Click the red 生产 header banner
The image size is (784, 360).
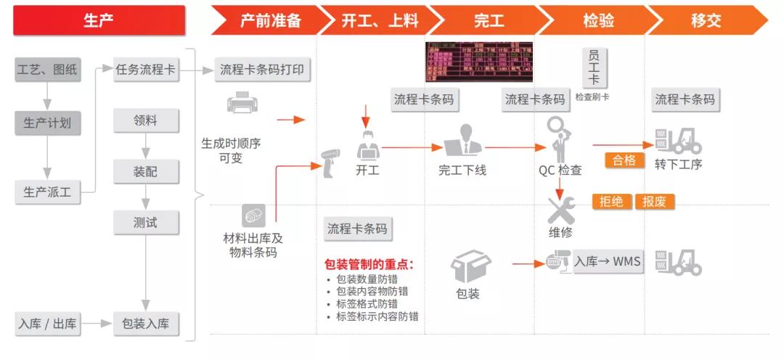(x=99, y=20)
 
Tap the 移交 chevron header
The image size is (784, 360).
(x=706, y=20)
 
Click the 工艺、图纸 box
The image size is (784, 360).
(x=47, y=70)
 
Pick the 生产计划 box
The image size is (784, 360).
(x=47, y=123)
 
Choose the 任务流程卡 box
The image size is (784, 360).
(x=146, y=70)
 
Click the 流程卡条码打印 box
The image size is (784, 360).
(x=262, y=70)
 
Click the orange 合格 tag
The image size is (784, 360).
(x=624, y=160)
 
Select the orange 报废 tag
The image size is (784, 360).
(x=654, y=202)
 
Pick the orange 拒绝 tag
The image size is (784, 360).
(x=612, y=202)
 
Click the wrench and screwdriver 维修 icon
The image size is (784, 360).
(x=560, y=211)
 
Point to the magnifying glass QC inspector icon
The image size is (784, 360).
(x=558, y=139)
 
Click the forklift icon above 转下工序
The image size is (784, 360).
(x=679, y=140)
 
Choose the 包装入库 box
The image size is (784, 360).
(x=146, y=324)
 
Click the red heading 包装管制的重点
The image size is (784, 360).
(x=369, y=264)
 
